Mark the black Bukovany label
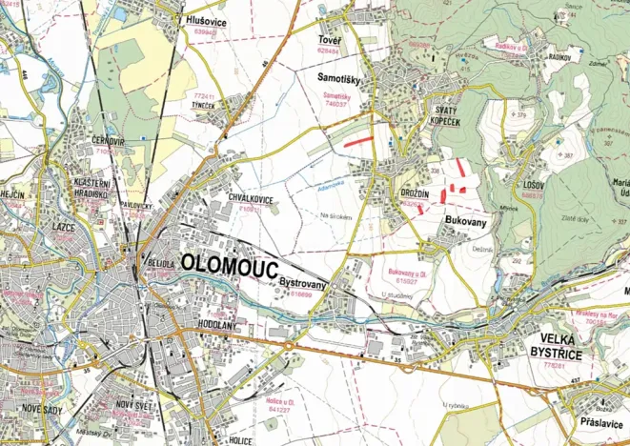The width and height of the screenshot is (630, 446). (x=466, y=219)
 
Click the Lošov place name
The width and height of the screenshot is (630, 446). (x=533, y=185)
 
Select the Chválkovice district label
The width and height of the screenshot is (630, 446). (x=253, y=198)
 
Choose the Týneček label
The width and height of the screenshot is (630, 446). (x=203, y=106)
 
